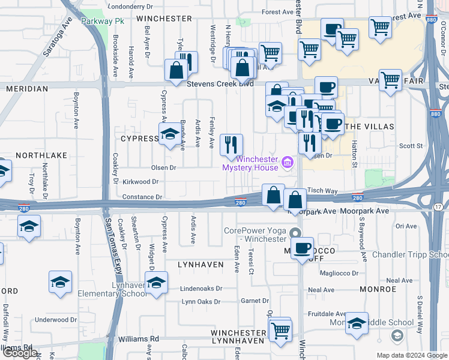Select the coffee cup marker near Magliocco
[303, 247]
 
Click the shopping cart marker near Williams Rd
[280, 330]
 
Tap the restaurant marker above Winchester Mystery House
[231, 145]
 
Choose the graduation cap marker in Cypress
[169, 134]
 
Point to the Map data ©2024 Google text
[411, 355]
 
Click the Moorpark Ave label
[366, 211]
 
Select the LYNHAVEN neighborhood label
[200, 264]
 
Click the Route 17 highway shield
[438, 206]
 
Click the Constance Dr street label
[142, 196]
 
